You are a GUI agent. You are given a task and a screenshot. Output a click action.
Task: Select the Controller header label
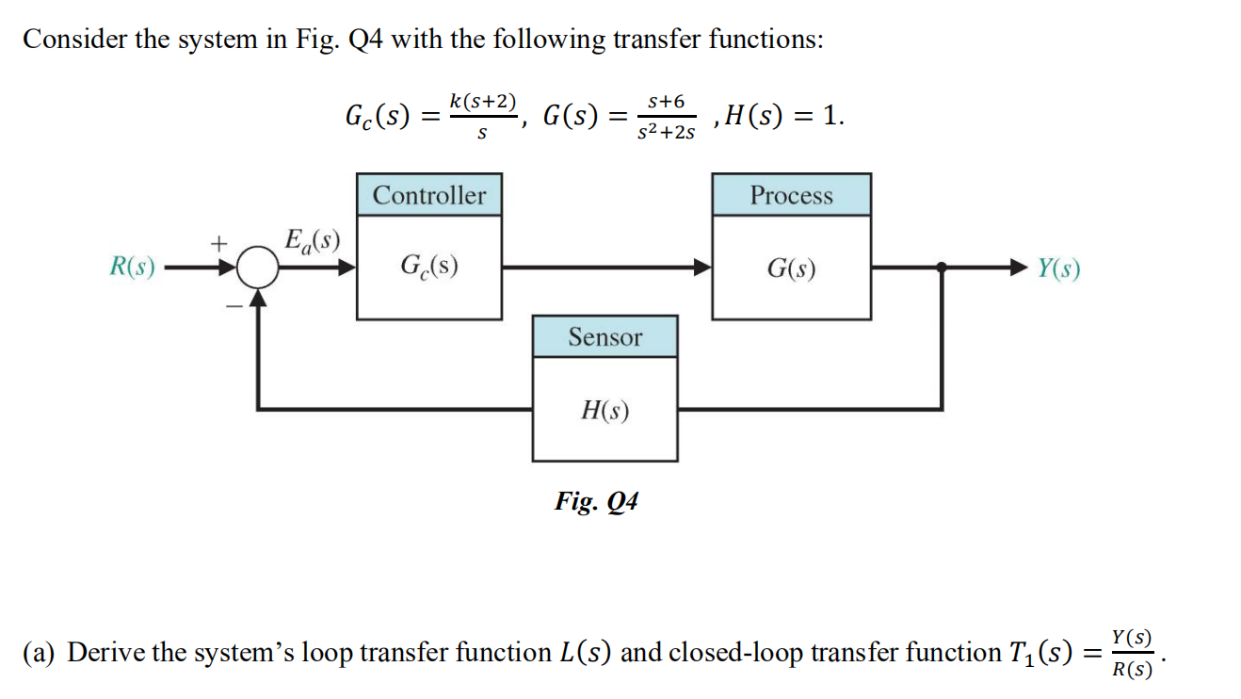click(429, 195)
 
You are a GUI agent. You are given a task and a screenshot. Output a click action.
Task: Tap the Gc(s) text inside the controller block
click(429, 267)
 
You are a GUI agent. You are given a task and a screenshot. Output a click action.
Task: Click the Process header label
click(791, 195)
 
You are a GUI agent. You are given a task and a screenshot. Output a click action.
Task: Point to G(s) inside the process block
click(791, 268)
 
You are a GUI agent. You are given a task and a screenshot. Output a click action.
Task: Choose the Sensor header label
click(604, 336)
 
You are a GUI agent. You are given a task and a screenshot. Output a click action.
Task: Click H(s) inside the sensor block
click(604, 410)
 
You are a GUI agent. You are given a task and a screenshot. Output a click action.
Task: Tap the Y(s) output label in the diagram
click(1058, 269)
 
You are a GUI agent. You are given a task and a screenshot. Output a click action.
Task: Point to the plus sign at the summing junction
click(218, 243)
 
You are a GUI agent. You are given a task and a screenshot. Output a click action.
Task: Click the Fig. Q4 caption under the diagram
click(596, 500)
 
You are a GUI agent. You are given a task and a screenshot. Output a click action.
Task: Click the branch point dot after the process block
click(942, 268)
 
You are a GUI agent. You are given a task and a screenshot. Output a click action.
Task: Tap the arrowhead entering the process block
click(701, 268)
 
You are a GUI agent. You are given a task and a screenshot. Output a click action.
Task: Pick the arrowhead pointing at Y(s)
click(1020, 268)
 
